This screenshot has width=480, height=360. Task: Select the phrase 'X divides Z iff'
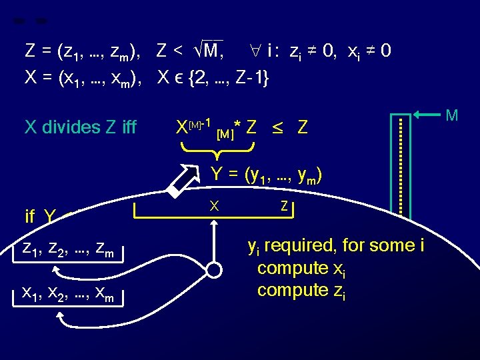pyautogui.click(x=80, y=127)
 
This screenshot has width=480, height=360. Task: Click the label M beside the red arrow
pyautogui.click(x=451, y=115)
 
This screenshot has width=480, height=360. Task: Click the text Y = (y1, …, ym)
pyautogui.click(x=267, y=175)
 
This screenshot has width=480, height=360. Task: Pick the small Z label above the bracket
pyautogui.click(x=284, y=207)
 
